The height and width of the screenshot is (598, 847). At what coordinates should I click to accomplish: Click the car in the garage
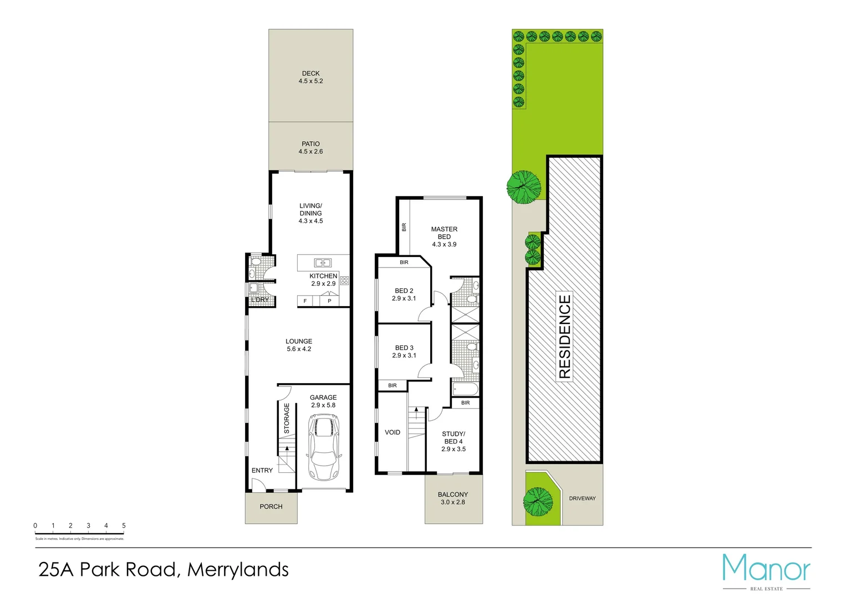[x=323, y=447]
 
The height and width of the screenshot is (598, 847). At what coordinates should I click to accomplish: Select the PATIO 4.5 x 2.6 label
[x=310, y=147]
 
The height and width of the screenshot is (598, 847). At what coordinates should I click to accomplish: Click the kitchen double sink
[x=323, y=262]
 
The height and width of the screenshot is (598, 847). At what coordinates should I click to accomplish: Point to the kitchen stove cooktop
[x=344, y=281]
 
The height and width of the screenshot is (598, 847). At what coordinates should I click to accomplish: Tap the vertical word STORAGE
[x=287, y=418]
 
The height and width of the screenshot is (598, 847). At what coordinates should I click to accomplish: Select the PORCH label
[x=271, y=507]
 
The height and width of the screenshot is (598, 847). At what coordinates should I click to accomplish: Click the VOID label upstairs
[x=392, y=432]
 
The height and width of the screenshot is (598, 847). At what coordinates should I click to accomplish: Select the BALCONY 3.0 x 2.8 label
[x=453, y=498]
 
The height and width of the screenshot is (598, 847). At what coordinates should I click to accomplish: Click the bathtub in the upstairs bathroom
[x=465, y=388]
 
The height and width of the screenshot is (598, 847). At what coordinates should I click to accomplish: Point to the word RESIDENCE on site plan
[x=564, y=337]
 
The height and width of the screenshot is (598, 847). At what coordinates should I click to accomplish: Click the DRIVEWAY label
[x=582, y=498]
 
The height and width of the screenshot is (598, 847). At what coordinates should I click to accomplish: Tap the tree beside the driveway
[x=538, y=502]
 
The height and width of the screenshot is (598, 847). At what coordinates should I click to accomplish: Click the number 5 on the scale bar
[x=124, y=525]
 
